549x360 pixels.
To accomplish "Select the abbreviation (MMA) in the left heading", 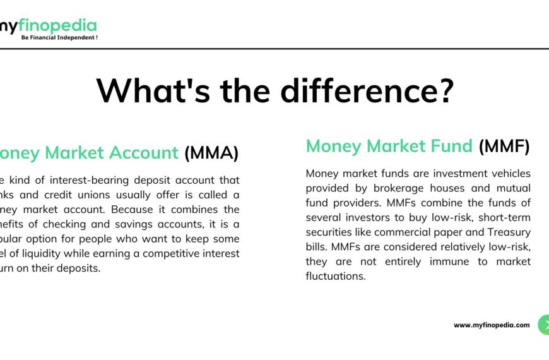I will click(x=211, y=153).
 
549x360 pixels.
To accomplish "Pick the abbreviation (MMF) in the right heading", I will click(x=504, y=147).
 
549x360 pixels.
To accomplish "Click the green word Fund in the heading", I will click(x=449, y=147).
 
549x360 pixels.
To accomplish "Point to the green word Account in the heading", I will click(x=143, y=153).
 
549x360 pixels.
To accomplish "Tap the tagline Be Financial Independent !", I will click(x=59, y=37).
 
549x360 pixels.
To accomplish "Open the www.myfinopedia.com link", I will click(x=492, y=325).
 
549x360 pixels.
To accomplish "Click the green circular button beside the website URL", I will click(x=544, y=325).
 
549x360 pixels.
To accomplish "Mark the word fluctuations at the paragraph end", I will click(x=335, y=276).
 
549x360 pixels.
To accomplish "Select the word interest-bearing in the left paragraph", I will click(x=71, y=180).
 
